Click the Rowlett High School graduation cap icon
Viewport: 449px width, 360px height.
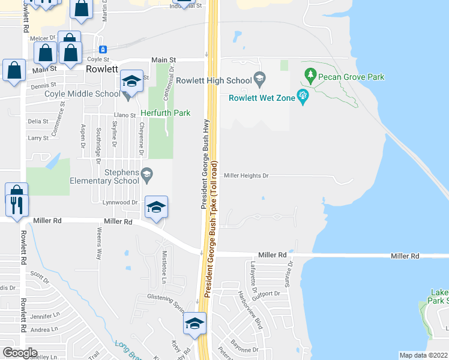[259, 78]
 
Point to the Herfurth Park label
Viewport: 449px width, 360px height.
[165, 113]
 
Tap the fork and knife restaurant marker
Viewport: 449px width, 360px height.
[16, 205]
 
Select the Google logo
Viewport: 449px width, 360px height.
[19, 352]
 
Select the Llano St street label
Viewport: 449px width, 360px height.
[125, 115]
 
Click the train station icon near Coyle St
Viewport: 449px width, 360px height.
[103, 49]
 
